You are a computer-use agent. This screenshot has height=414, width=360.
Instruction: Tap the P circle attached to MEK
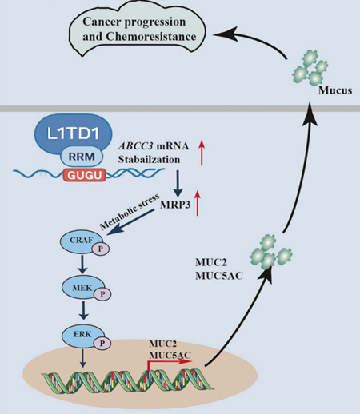point(103,295)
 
